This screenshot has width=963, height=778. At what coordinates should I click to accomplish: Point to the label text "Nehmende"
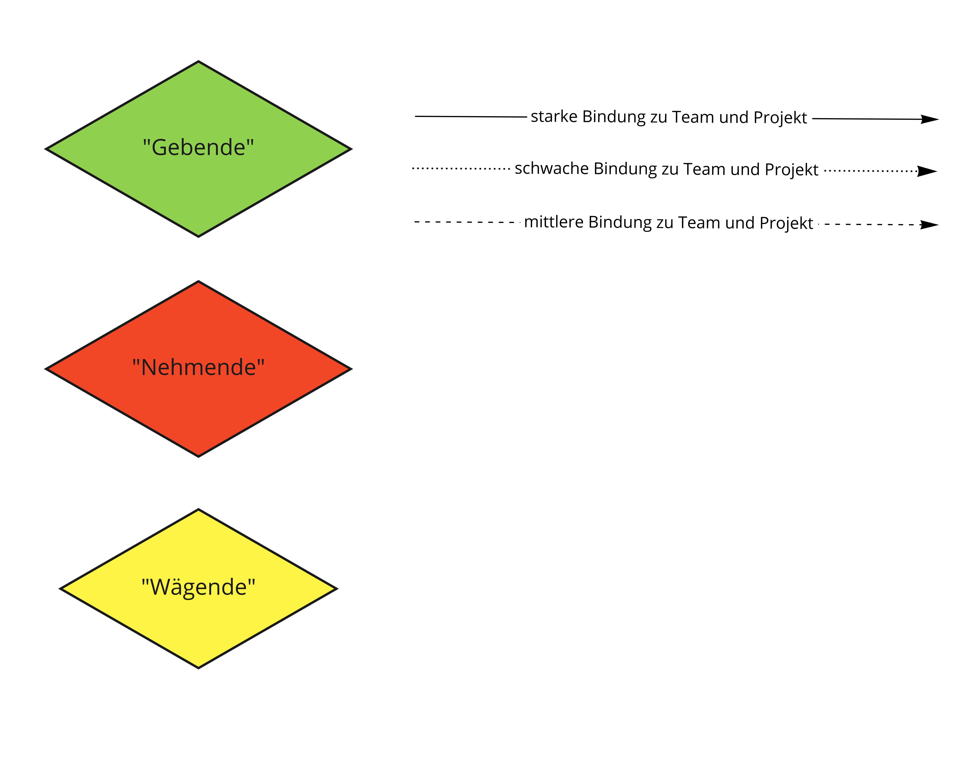(x=198, y=368)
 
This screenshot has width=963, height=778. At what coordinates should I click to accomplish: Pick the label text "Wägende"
(x=198, y=587)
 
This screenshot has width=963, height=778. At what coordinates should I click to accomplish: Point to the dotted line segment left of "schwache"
(x=461, y=168)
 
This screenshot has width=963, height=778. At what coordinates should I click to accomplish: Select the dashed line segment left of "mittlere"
(x=466, y=222)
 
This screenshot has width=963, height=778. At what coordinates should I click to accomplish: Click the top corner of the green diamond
(x=198, y=62)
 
